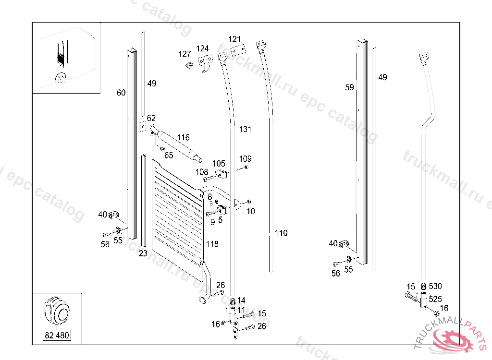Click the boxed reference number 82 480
pos(57,335)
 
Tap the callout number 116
pos(183,137)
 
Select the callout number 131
pos(245,129)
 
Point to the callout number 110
pos(281,233)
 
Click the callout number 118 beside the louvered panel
pos(212,244)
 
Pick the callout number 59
pos(350,87)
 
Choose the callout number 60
pos(121,93)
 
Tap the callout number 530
pos(435,286)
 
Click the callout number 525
pos(435,299)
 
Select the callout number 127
pos(184,54)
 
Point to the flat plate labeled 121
pos(238,50)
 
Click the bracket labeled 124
pos(205,62)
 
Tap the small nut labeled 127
pos(189,65)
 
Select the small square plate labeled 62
pos(143,126)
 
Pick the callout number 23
pos(143,253)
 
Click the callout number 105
pos(219,164)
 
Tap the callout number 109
pos(246,159)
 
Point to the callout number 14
pos(241,300)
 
